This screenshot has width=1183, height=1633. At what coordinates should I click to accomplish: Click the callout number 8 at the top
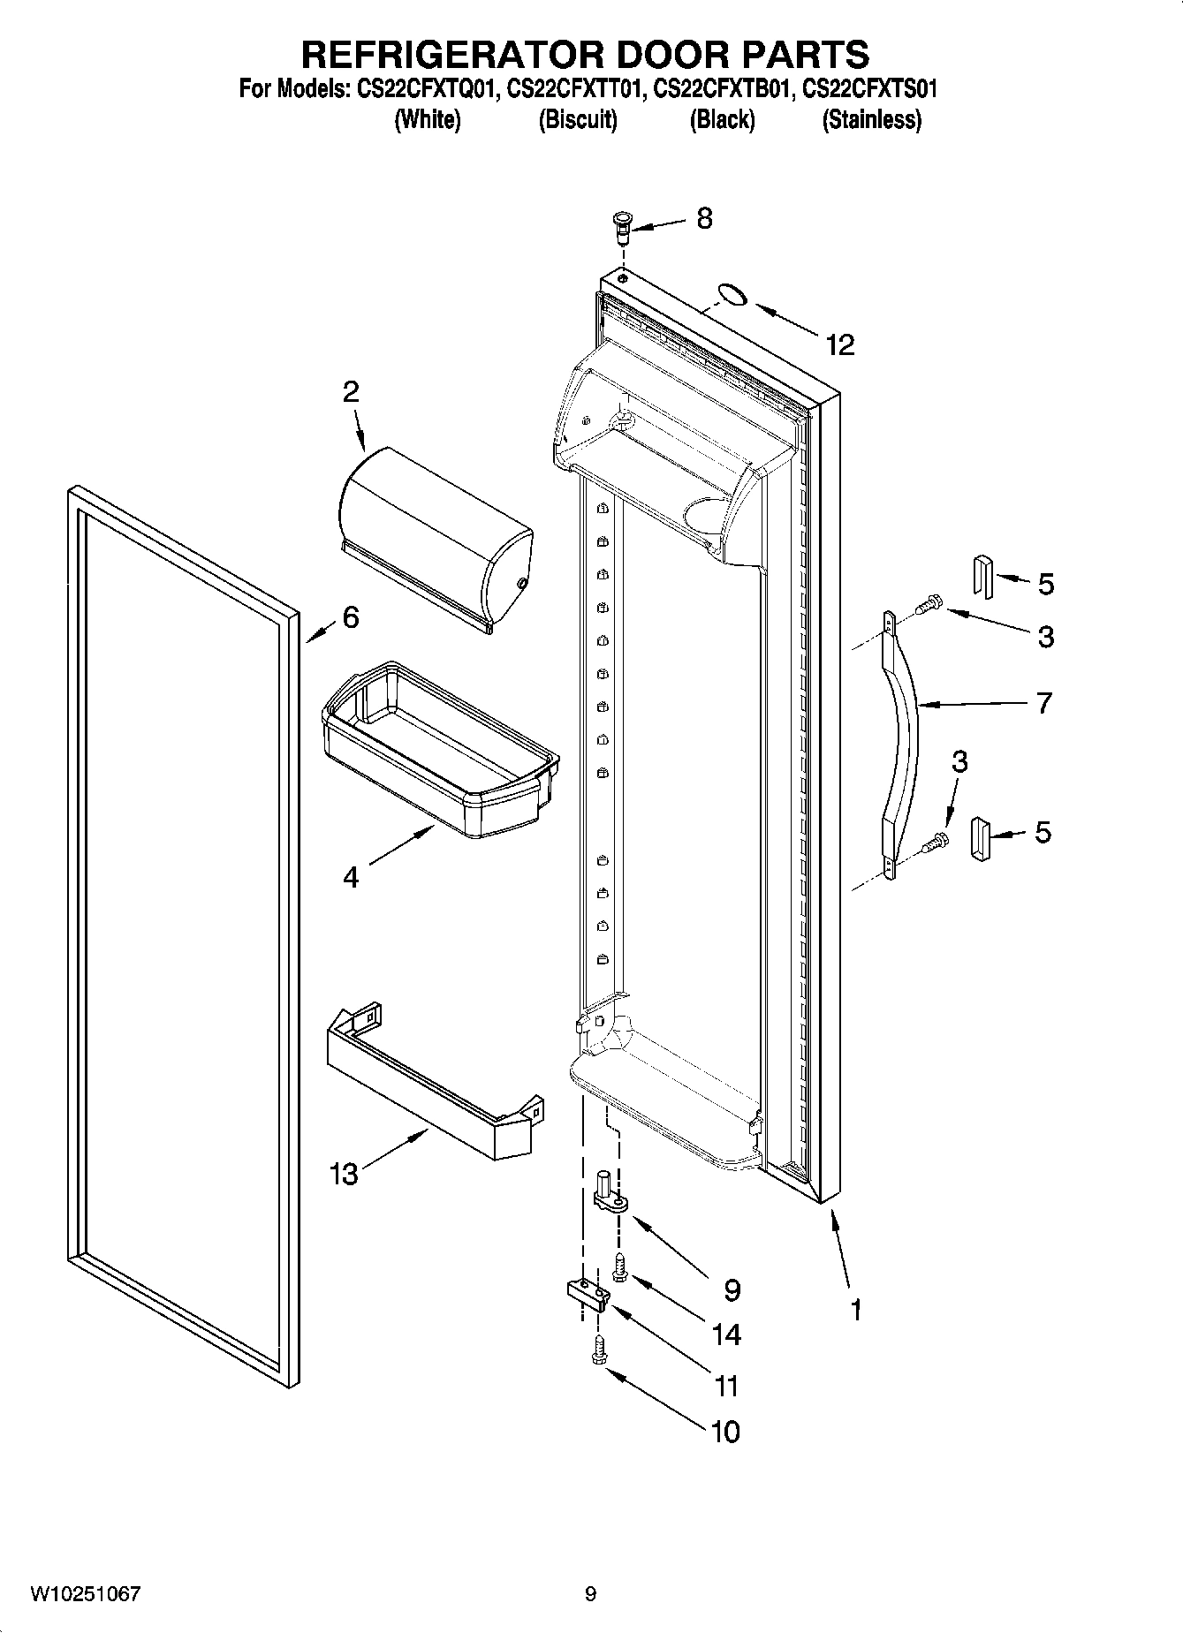coord(704,218)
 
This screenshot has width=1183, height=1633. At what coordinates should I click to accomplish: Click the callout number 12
coord(840,345)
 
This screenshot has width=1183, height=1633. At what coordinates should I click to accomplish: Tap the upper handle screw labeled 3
coord(928,606)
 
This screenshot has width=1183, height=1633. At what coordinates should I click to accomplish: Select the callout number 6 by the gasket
coord(351,617)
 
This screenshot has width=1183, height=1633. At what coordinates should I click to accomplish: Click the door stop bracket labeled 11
coord(587,1295)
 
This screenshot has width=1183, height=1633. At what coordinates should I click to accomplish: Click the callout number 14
coord(726,1334)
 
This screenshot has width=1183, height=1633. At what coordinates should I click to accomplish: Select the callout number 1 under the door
coord(855,1309)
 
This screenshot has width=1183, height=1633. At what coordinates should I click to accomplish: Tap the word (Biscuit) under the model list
coord(578,119)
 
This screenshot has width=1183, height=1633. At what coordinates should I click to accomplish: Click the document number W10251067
coord(86,1594)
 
